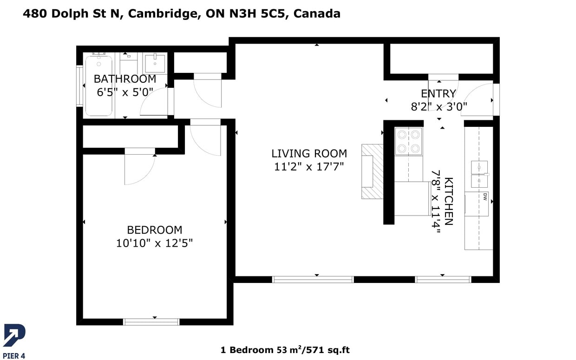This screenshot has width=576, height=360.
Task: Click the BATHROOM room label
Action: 125,79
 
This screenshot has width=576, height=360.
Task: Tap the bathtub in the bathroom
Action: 98,86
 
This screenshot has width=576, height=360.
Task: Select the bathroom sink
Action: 155,63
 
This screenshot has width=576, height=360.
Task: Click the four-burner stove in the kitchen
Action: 408,141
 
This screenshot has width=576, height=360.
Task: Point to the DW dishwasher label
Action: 484,196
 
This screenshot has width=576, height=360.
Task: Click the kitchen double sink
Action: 479,174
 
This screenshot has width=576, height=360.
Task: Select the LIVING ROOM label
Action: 309,153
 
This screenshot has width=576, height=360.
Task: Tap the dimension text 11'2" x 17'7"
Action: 309,166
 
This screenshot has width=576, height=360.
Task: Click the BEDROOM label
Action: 154,230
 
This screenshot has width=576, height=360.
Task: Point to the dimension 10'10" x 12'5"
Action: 154,243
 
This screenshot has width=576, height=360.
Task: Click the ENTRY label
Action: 439,94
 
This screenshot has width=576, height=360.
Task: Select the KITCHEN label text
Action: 449,201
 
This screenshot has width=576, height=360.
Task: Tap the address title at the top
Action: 182,13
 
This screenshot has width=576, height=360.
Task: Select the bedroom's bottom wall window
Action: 151,321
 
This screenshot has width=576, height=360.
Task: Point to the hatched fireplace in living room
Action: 373,171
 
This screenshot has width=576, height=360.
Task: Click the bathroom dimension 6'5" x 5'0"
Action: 125,92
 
